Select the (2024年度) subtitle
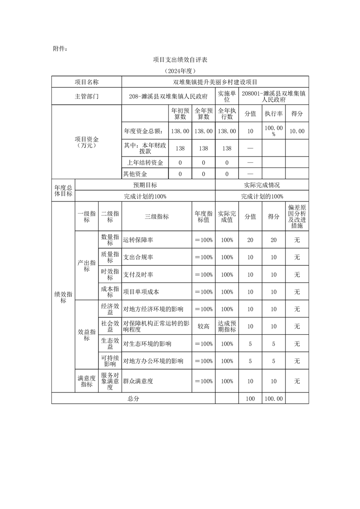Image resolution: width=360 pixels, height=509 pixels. [x=180, y=71]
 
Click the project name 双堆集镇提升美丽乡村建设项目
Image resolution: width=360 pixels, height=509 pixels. [x=215, y=82]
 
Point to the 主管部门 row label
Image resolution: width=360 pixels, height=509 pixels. [x=86, y=97]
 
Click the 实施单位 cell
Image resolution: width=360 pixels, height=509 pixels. [x=227, y=96]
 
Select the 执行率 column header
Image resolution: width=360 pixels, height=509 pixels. [x=273, y=113]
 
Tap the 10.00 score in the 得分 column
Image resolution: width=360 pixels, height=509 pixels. [x=297, y=131]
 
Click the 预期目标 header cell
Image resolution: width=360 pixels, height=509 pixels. [x=145, y=185]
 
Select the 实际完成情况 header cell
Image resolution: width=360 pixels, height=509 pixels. [x=262, y=185]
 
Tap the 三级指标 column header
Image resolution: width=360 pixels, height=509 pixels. [x=157, y=216]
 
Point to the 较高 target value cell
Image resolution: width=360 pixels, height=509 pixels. [x=203, y=326]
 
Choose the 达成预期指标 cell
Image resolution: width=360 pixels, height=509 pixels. [x=227, y=326]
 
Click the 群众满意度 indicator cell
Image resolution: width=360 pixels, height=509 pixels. [x=138, y=381]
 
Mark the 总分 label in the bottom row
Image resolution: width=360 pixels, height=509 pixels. [x=133, y=398]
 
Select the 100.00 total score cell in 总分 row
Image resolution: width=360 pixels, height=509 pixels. [x=273, y=398]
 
